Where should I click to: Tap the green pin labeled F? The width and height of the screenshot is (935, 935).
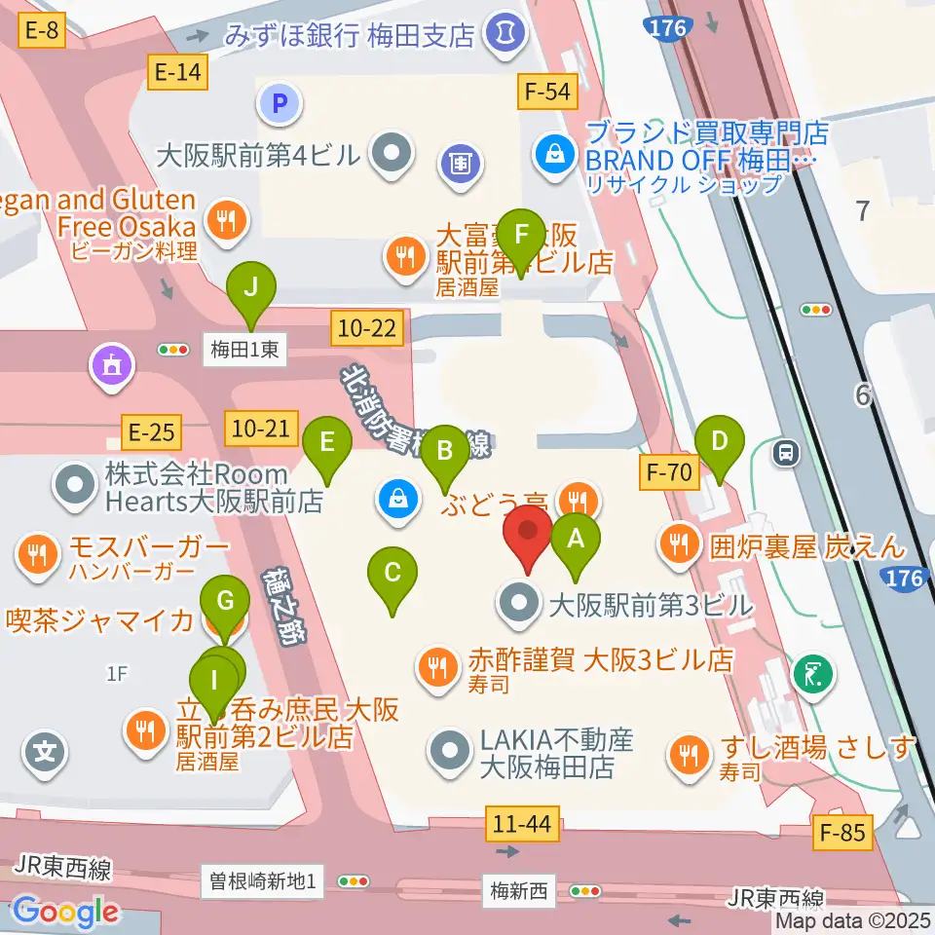coord(521,235)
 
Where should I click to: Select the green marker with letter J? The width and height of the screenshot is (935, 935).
coord(251,288)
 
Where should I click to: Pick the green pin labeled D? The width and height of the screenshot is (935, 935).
coord(720,440)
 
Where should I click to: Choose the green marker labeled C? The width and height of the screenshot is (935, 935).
coord(393,573)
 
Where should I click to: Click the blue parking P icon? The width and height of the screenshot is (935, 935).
coord(279,102)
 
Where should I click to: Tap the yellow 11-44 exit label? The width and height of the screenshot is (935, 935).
coord(522,825)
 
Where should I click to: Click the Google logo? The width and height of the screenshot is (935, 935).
coord(64,912)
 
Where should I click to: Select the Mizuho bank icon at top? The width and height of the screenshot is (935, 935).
coord(505,31)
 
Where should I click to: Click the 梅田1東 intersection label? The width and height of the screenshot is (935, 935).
coord(245,350)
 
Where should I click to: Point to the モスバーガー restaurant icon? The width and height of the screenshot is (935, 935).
coord(37,555)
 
